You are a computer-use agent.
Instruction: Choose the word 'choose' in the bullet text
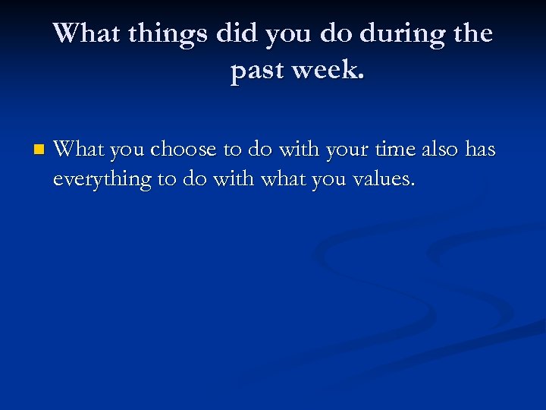182,150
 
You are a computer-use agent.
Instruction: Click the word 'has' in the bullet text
479,150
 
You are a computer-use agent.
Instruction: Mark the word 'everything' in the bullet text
102,180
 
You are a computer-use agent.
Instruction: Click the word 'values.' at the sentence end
386,180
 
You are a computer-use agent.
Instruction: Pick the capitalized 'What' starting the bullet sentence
79,150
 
